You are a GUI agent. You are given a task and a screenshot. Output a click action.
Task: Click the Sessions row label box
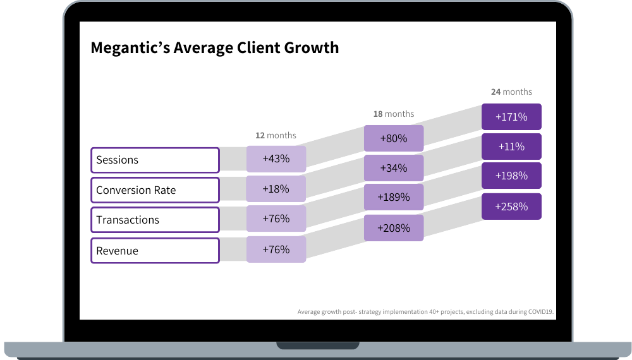tap(155, 160)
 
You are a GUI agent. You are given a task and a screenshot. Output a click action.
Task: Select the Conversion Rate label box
tap(155, 190)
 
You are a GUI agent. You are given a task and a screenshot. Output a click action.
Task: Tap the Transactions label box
tap(155, 220)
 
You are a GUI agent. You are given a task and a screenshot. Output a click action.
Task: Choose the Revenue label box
tap(155, 250)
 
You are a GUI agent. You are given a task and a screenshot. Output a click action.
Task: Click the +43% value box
tap(276, 159)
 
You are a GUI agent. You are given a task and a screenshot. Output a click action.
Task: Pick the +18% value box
tap(276, 189)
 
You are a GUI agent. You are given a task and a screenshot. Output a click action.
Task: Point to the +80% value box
tap(393, 138)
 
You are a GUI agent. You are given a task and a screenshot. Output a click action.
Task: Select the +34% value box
tap(393, 168)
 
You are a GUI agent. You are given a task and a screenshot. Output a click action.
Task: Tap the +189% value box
tap(393, 198)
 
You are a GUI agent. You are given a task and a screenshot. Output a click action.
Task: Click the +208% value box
tap(393, 228)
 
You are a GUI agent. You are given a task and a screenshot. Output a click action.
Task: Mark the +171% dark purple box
tap(511, 117)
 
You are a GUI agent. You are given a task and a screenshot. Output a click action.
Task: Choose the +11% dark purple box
tap(511, 147)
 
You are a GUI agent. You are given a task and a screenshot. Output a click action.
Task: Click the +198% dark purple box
tap(511, 176)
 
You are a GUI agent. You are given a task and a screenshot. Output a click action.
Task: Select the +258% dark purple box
tap(511, 207)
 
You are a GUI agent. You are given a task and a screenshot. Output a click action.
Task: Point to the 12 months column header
tap(276, 135)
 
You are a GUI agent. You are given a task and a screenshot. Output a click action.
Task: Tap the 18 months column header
tap(393, 114)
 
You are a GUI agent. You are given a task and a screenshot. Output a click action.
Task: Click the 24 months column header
tap(511, 92)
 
